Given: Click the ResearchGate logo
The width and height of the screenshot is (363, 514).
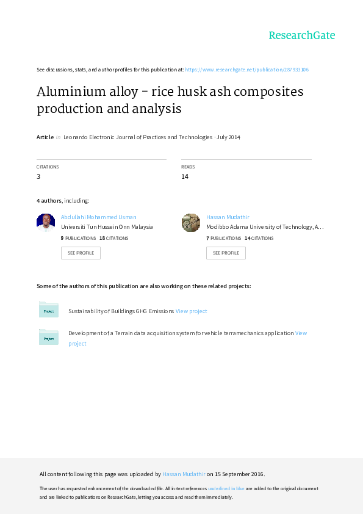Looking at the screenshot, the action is point(302,35).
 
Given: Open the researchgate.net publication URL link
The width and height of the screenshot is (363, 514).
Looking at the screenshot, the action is point(246,70).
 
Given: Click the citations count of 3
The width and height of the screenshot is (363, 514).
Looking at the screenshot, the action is point(38,176).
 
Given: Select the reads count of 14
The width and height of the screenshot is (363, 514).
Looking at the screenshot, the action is point(185,176).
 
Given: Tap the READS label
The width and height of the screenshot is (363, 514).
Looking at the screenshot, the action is point(188,167).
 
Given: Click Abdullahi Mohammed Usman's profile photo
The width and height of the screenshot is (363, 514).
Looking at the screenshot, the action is point(46,223).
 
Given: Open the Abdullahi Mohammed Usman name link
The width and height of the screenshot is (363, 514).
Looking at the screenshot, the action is point(99,217).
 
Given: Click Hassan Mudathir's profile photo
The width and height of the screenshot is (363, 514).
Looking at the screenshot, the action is point(191,223).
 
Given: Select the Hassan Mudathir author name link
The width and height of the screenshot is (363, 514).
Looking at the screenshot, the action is point(228,217).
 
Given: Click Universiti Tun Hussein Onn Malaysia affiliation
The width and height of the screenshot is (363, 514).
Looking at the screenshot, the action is point(107,227).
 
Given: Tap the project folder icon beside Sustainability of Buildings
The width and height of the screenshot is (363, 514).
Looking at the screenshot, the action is point(48,309).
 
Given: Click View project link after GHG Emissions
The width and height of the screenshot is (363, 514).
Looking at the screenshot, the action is point(192,311).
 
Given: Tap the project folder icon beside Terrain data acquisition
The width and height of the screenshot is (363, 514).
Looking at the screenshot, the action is point(48,337).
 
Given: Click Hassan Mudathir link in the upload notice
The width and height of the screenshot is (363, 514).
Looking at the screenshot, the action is point(184,474).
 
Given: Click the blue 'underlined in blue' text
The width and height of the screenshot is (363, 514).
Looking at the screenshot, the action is point(226,488).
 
